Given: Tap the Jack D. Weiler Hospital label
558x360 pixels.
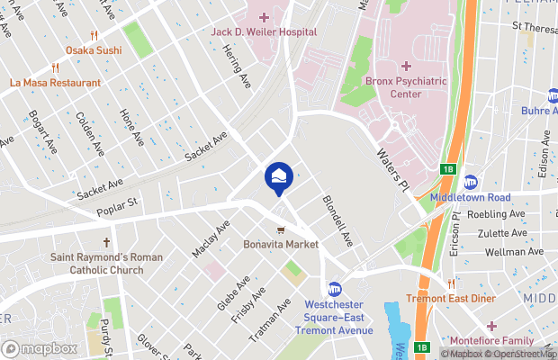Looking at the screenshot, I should coord(264,31).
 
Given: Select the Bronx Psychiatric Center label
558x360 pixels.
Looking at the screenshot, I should coord(406,87).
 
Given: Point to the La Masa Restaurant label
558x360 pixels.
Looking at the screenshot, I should coord(56,83).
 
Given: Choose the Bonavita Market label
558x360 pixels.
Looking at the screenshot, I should coord(282,244).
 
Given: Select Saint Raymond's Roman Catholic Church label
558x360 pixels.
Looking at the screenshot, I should coord(107,263).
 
